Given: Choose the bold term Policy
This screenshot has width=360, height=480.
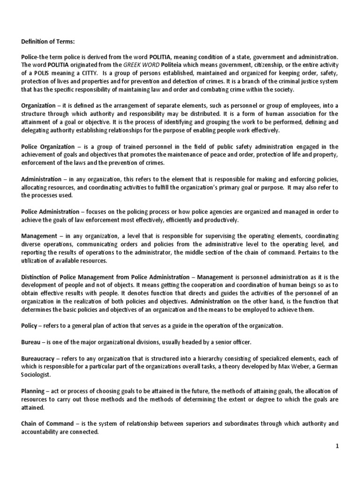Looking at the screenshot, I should coord(30,325).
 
